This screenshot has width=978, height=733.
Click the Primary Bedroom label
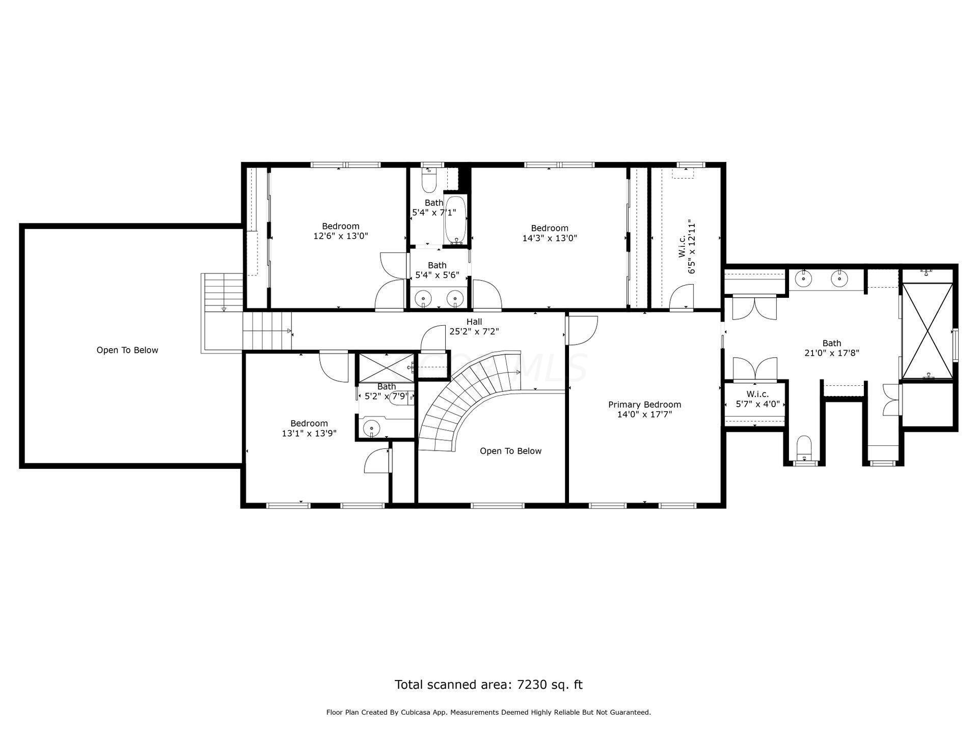[644, 405]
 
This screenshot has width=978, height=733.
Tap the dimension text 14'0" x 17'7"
[644, 414]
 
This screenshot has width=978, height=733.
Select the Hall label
[474, 322]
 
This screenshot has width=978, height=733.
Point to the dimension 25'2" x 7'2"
[474, 331]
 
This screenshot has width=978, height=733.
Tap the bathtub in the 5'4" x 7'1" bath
[455, 220]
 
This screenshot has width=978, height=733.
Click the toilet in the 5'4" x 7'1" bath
[430, 180]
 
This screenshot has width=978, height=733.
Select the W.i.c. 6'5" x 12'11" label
[687, 246]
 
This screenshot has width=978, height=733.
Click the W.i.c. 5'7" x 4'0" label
[757, 399]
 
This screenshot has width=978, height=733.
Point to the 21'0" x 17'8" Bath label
[832, 348]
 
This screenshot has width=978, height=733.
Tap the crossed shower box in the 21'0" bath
[927, 331]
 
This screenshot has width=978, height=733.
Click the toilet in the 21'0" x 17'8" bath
[804, 448]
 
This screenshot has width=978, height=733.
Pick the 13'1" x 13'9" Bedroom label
[309, 429]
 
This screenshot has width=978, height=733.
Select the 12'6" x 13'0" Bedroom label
[341, 231]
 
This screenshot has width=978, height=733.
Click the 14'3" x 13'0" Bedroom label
[550, 233]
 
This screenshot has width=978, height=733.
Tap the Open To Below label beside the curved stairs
[510, 451]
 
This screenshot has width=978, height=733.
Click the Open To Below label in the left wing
[127, 350]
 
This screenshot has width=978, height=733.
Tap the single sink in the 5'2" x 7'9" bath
[372, 429]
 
